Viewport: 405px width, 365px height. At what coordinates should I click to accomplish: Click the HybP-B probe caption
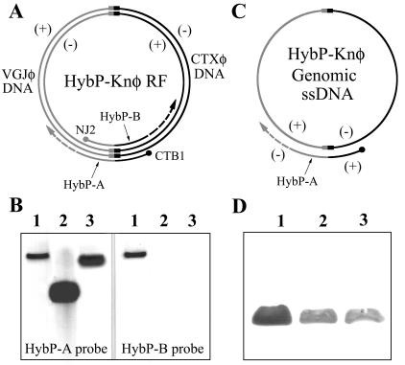[165, 341]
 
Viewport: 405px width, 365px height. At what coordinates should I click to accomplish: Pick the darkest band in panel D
[274, 313]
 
